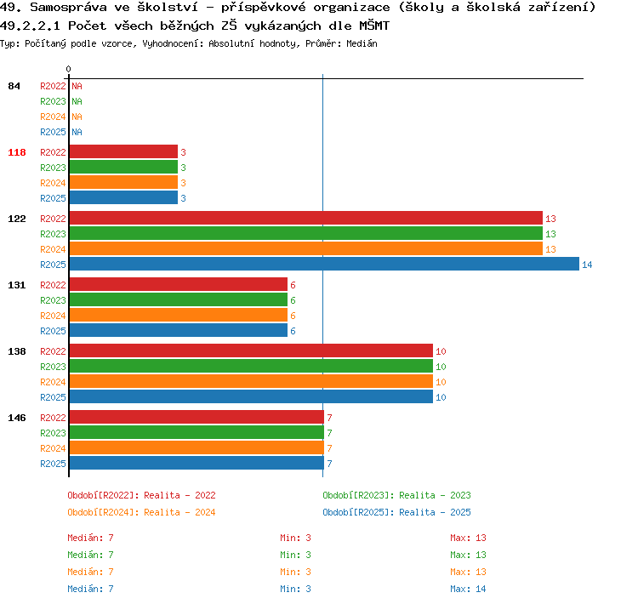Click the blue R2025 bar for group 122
click(x=324, y=265)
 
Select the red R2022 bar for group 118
click(x=123, y=151)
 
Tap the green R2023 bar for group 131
click(x=179, y=300)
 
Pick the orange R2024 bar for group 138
click(x=251, y=382)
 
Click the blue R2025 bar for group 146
click(x=197, y=463)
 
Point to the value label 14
click(x=587, y=265)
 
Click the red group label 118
click(x=17, y=152)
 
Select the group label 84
click(x=14, y=86)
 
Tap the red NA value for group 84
click(x=77, y=86)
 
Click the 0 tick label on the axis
click(x=68, y=69)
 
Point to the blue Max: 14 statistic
click(x=468, y=589)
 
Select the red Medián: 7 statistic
click(x=90, y=538)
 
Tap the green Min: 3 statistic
click(x=295, y=556)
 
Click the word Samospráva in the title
click(x=68, y=8)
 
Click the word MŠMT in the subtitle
click(x=374, y=26)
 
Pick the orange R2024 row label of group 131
click(x=53, y=316)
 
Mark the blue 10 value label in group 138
click(x=441, y=397)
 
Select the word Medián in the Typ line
click(x=362, y=43)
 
